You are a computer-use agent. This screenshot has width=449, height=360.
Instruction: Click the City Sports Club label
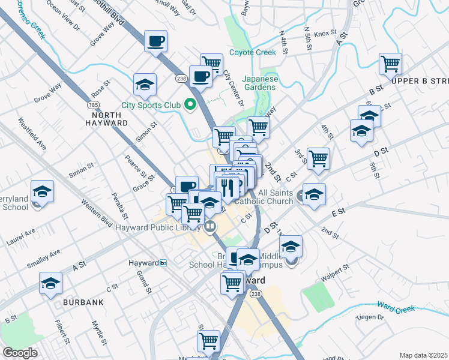[151, 106]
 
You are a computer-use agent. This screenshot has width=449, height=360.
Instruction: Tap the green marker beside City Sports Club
[191, 106]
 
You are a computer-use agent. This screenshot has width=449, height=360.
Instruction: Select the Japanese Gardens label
[260, 83]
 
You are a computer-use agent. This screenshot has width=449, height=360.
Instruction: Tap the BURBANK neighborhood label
[83, 302]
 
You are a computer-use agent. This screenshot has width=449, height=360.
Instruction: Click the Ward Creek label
[397, 309]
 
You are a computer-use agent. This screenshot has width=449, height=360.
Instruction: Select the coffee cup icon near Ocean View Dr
[156, 41]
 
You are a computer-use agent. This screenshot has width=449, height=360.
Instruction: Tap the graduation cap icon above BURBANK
[51, 283]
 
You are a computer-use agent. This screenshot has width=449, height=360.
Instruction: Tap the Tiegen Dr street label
[369, 317]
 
